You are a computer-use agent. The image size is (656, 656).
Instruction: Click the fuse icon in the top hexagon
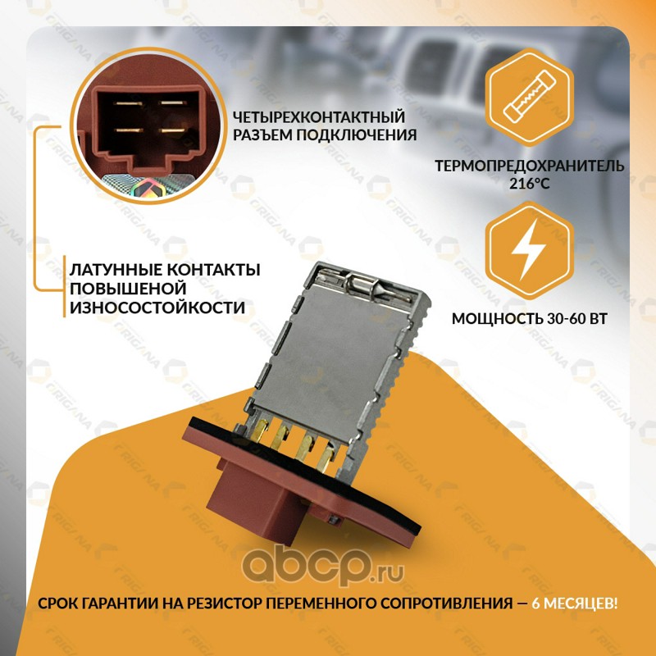529,98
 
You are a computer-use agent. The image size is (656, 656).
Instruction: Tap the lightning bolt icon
529,250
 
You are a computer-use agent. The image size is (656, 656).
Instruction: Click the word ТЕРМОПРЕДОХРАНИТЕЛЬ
529,166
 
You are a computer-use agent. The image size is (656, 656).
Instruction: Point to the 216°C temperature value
529,183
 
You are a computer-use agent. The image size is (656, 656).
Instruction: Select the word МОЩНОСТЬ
497,319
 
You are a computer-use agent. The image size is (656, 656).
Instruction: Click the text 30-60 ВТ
576,319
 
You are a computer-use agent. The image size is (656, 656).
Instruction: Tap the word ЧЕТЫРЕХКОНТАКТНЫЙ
319,116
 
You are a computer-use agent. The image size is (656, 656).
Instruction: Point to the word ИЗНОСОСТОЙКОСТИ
157,307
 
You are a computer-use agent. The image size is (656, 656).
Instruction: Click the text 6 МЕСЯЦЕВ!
575,604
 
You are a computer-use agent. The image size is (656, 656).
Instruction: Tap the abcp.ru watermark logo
323,567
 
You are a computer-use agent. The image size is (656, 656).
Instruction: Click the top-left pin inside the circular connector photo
129,103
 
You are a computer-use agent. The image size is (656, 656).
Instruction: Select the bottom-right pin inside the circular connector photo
173,130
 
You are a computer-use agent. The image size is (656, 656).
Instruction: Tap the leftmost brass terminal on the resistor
260,431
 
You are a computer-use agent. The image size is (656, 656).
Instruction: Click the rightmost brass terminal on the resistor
326,458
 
